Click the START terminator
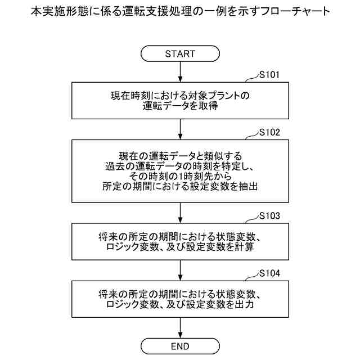(x=180, y=54)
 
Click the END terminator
(x=180, y=345)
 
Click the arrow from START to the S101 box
(x=180, y=72)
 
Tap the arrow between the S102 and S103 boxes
(x=180, y=213)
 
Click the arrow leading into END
(x=180, y=327)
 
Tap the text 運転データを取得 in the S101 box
(x=180, y=105)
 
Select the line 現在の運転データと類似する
(x=180, y=155)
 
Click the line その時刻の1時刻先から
(x=180, y=176)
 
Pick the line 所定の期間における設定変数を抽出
(x=180, y=187)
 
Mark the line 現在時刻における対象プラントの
(x=180, y=95)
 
